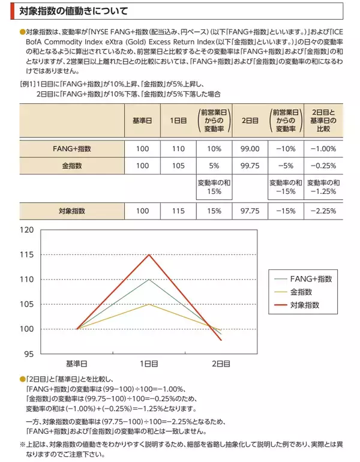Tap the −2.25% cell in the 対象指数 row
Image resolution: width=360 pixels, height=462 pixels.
tap(323, 211)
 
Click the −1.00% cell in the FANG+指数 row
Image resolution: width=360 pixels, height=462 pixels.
tap(323, 148)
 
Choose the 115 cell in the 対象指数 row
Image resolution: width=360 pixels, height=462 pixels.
tap(178, 211)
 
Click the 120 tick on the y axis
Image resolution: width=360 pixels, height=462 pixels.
tap(26, 230)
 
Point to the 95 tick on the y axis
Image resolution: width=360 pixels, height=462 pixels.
tap(28, 354)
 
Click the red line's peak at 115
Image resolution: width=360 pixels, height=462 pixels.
tap(149, 254)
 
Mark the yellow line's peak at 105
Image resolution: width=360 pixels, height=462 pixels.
tap(149, 304)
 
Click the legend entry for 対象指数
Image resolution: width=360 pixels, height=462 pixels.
tap(304, 305)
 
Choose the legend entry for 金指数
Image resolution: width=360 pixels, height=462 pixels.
tap(300, 292)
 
